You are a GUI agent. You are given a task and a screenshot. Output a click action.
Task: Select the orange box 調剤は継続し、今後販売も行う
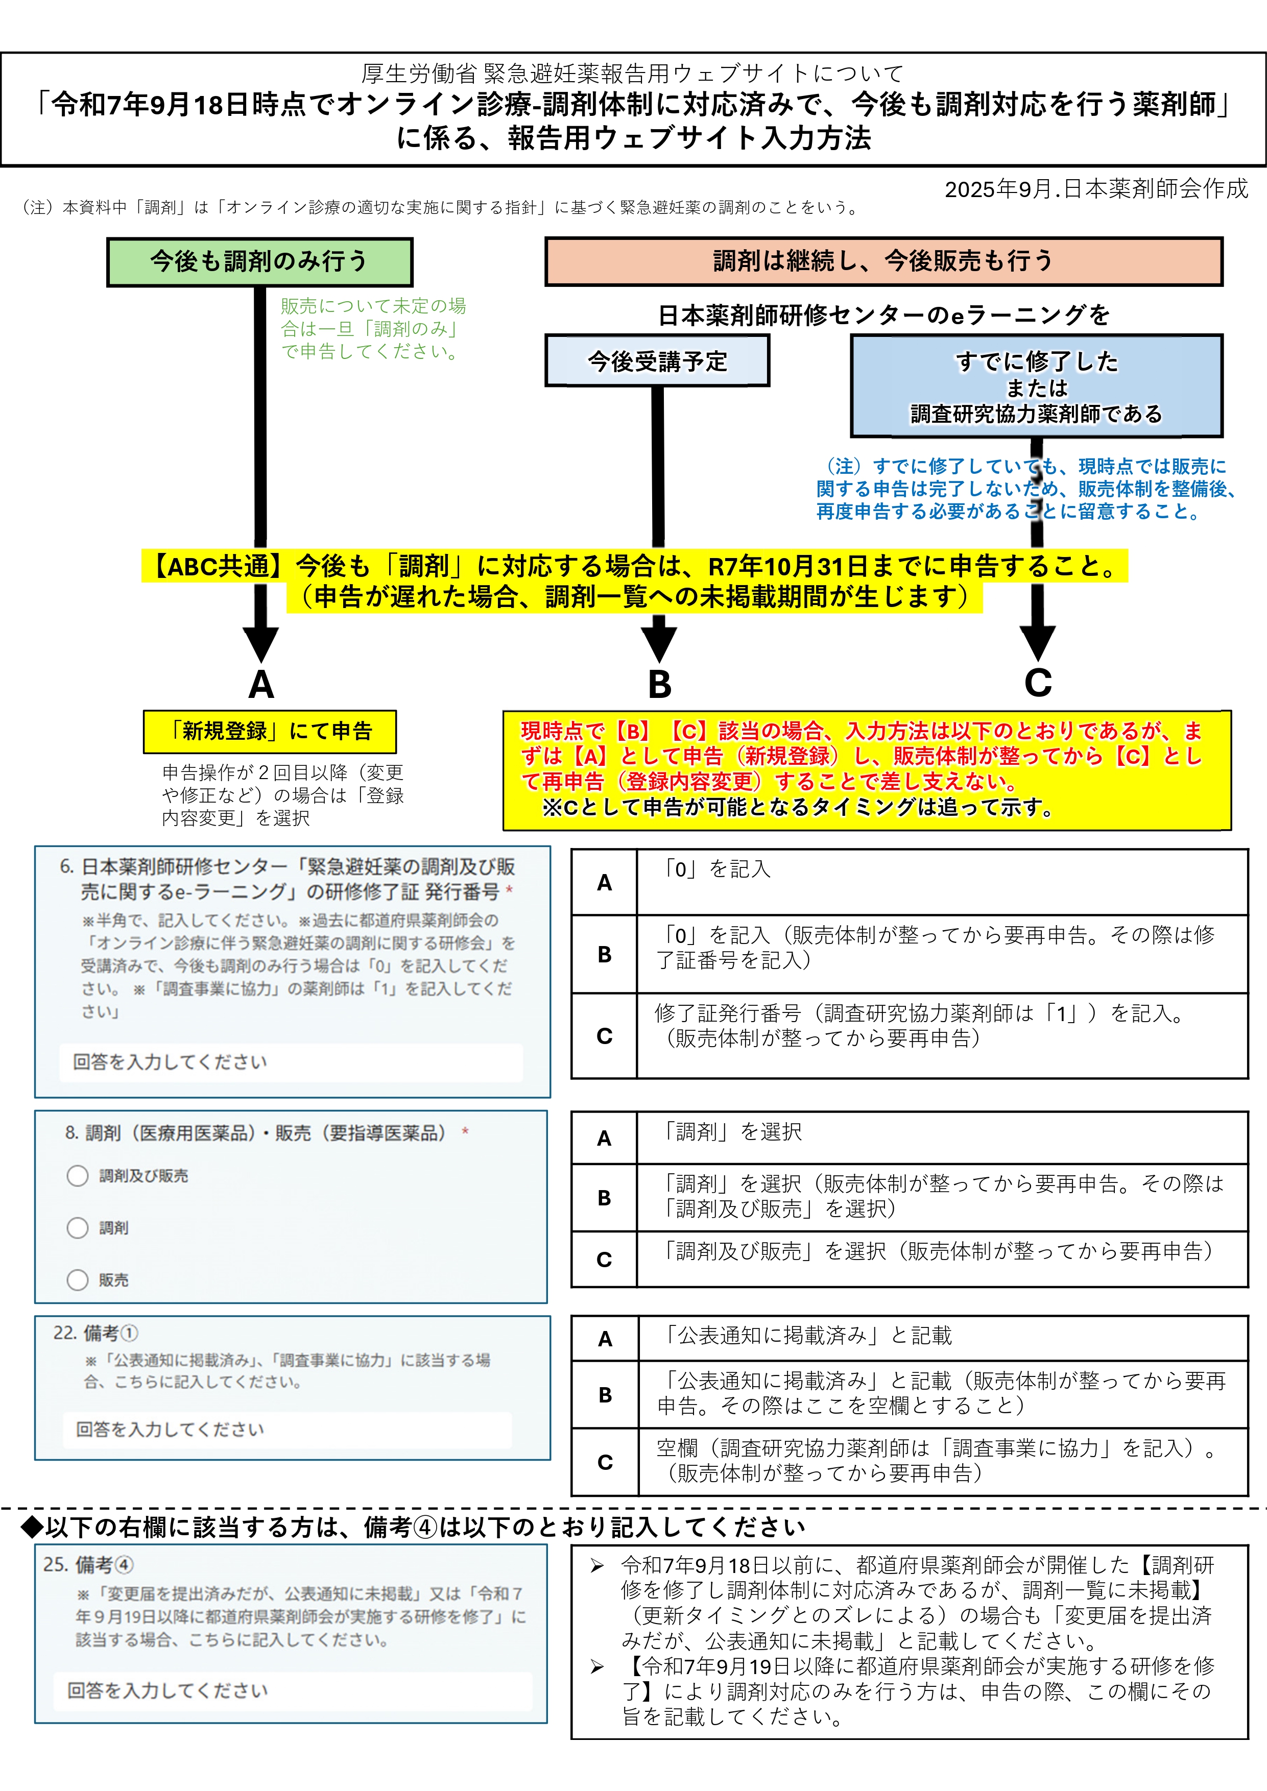coord(883,261)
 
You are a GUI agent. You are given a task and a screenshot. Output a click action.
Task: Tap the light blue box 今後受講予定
coord(657,361)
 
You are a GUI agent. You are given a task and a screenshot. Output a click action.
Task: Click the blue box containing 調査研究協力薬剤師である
coord(1036,386)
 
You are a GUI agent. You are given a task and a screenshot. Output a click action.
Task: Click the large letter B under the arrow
coord(659,684)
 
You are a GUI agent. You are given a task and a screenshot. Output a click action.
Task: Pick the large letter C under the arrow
coord(1038,683)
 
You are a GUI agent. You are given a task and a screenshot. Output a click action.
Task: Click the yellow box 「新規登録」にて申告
coord(270,732)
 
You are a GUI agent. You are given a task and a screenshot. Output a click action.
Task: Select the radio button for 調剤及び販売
coord(77,1176)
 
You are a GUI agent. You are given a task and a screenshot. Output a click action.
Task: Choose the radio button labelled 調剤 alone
coord(77,1228)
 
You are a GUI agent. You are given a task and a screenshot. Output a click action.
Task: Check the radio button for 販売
coord(77,1280)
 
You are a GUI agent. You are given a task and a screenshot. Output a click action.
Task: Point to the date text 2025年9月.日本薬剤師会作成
coord(1096,189)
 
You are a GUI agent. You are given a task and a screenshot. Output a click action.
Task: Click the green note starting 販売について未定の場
coord(373,328)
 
